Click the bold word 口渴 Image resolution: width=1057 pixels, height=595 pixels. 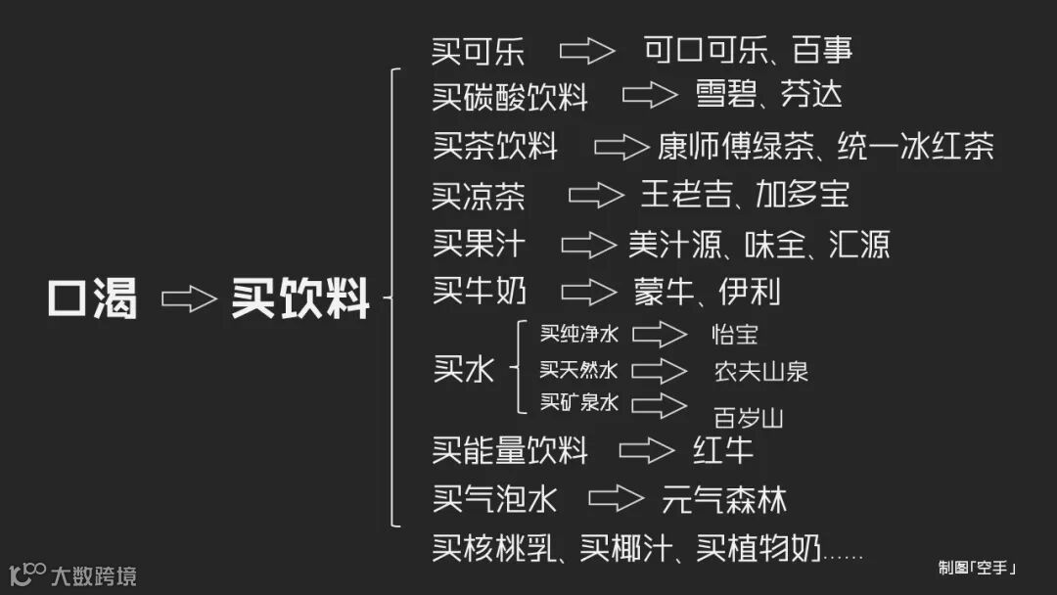[x=93, y=297]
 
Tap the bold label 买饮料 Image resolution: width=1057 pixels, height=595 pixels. [x=300, y=297]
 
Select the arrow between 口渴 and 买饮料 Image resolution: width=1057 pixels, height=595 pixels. [x=188, y=298]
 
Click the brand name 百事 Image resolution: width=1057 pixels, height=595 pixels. [x=823, y=49]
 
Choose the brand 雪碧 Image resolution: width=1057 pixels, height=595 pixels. [x=723, y=94]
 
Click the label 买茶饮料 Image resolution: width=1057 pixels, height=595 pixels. [x=495, y=147]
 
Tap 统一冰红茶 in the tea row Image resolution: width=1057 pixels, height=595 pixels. [x=916, y=147]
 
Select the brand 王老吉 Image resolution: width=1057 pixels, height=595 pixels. [x=683, y=195]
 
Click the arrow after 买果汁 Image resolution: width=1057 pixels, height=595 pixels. [x=588, y=244]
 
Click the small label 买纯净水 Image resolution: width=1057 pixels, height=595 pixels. [x=579, y=334]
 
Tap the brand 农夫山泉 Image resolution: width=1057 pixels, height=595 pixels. [x=761, y=371]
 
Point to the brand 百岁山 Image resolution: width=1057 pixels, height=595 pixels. [x=749, y=419]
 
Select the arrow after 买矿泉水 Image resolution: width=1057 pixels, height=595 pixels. [x=659, y=403]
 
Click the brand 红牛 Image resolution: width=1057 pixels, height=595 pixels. [x=723, y=450]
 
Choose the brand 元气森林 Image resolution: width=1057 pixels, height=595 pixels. [x=724, y=500]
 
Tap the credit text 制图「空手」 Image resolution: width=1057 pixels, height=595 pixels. [x=977, y=567]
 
